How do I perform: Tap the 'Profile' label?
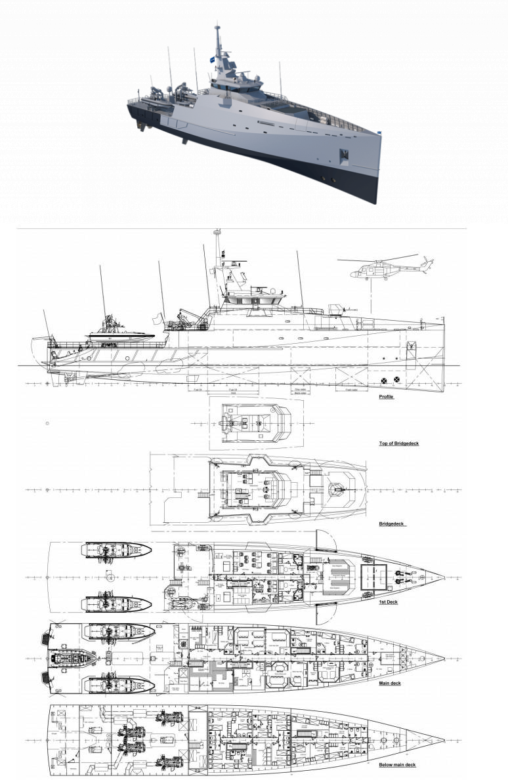coord(386,397)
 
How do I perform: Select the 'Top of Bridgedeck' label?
coord(399,443)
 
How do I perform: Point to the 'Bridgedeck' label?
coord(392,524)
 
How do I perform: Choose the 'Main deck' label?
coord(391,683)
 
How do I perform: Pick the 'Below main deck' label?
coord(396,765)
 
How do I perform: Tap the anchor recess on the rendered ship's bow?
coord(344,155)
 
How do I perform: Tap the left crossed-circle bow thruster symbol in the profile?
coord(384,379)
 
